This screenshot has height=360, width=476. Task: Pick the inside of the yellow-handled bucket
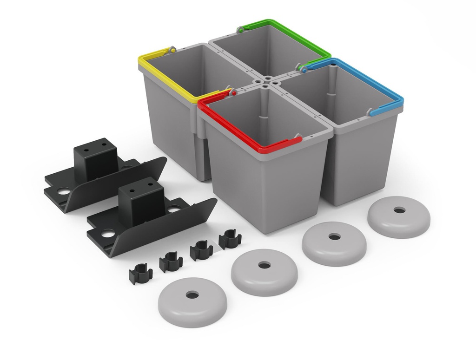click(195, 70)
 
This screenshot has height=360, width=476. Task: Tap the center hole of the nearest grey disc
click(192, 295)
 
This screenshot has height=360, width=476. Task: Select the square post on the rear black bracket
click(95, 158)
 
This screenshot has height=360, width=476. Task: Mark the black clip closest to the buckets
click(230, 239)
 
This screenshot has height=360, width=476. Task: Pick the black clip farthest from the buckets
click(140, 274)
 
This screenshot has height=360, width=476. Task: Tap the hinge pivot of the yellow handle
click(172, 48)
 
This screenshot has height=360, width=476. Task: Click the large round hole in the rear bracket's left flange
click(64, 190)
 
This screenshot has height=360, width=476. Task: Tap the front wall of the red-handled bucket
click(265, 190)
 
